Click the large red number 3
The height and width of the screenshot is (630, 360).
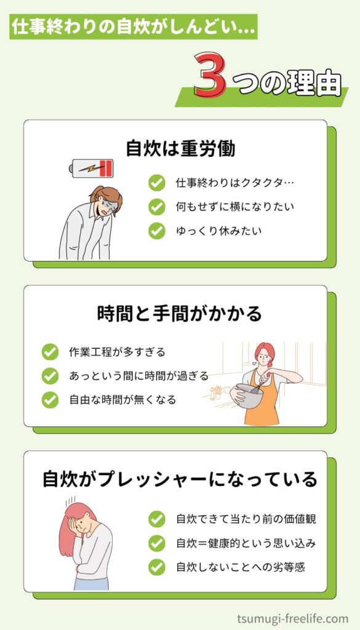[x=209, y=77]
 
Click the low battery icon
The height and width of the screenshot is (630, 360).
[x=93, y=168]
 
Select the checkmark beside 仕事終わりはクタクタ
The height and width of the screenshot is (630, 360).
[x=157, y=183]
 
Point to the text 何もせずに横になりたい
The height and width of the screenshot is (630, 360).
[x=235, y=207]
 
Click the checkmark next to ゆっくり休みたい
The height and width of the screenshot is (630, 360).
[x=157, y=231]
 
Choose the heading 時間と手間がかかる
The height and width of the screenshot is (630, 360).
[x=179, y=314]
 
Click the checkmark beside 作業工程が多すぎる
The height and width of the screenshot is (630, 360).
[x=50, y=352]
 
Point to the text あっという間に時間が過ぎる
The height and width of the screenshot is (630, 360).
[x=138, y=376]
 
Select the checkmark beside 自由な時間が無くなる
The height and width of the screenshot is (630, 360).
[x=50, y=400]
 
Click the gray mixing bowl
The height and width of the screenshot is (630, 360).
[x=249, y=396]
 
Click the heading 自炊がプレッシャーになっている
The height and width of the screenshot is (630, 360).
[x=180, y=479]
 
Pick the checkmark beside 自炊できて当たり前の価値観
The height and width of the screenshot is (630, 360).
[x=157, y=519]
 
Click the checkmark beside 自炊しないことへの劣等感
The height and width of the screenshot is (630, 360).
[x=157, y=567]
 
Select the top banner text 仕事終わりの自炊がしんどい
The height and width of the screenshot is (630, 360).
[x=132, y=28]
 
